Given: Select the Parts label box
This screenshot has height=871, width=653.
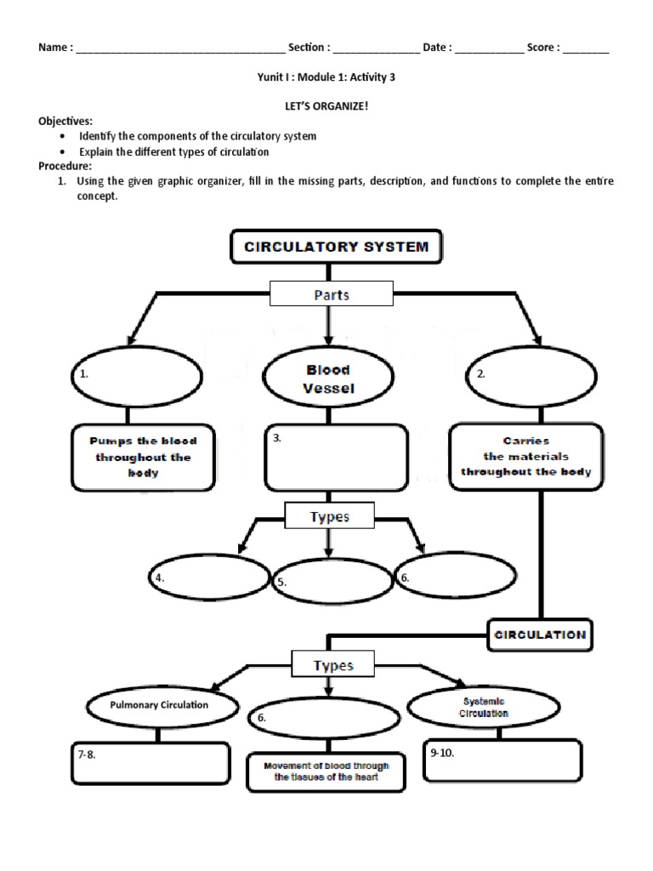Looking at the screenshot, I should (332, 295).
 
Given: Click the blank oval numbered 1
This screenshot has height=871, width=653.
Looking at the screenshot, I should (136, 374).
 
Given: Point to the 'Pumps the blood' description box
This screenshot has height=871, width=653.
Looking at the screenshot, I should (141, 458).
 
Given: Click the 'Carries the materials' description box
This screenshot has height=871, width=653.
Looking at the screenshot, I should (526, 458).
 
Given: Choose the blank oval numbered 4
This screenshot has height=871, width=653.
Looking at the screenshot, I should (208, 577).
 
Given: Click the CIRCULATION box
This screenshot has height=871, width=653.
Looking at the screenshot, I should (540, 634).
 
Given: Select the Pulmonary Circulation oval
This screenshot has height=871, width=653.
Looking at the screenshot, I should (159, 705).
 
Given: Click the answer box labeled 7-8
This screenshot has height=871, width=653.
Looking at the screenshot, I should (150, 763).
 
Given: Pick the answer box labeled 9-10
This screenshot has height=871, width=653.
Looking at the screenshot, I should (502, 760).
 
